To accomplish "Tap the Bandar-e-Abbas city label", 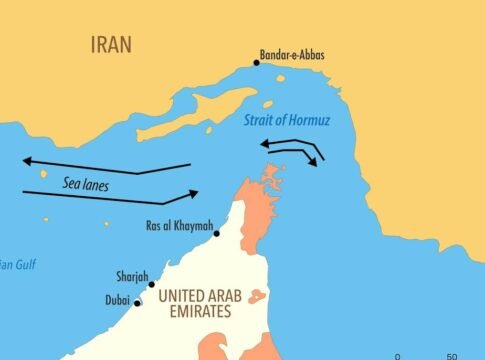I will [x=292, y=54].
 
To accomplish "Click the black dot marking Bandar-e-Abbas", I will [x=257, y=63].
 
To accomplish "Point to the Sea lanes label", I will [x=85, y=184].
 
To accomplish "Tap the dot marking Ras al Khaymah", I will [x=217, y=233].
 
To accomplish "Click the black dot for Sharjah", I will [x=152, y=285].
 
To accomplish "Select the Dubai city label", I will [x=117, y=298].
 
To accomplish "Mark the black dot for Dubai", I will [x=138, y=303].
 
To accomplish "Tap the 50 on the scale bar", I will [x=452, y=355].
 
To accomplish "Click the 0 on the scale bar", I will [x=398, y=355].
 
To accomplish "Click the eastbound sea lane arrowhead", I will [x=194, y=192].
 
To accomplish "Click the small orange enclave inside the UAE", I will [x=257, y=297].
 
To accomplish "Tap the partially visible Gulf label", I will [x=16, y=265].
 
